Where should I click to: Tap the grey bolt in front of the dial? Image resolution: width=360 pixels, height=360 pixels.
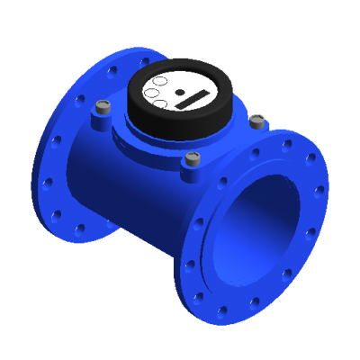[x=190, y=160]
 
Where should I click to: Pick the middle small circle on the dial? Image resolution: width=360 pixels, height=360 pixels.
[x=154, y=91]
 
